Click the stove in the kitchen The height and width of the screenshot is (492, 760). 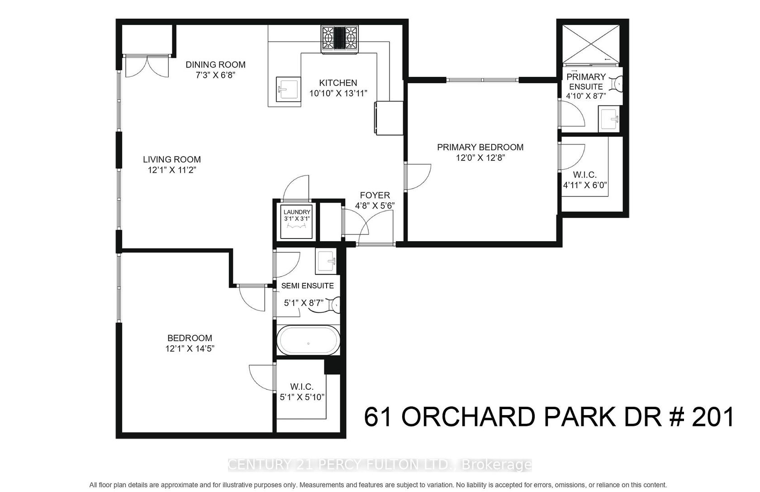click(340, 40)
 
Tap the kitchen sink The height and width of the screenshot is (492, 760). click(289, 89)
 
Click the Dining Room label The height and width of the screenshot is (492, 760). click(215, 65)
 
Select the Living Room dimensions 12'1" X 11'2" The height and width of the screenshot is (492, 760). click(172, 170)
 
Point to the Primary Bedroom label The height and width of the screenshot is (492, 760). click(480, 147)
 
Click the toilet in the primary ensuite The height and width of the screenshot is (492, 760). click(617, 83)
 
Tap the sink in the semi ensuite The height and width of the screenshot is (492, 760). click(326, 261)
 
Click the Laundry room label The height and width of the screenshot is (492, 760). click(297, 212)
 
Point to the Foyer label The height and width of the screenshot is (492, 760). click(375, 195)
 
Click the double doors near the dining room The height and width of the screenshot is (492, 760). click(147, 66)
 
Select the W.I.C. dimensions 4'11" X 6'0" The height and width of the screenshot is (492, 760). click(585, 185)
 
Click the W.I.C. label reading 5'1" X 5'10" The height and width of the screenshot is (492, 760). click(302, 397)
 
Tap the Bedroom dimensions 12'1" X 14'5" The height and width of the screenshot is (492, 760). click(190, 349)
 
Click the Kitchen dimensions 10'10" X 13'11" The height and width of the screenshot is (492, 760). click(338, 93)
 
